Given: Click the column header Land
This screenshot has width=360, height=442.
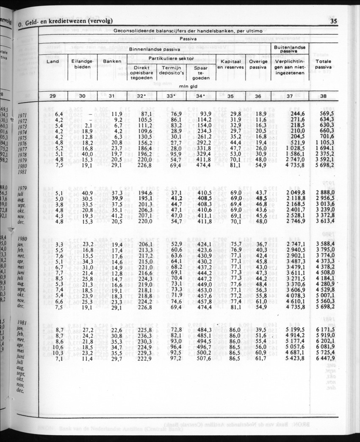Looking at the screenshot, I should [x=53, y=61].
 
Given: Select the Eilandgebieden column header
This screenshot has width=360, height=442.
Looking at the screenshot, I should [x=83, y=64].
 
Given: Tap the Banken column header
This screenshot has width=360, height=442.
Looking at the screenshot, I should [x=112, y=61].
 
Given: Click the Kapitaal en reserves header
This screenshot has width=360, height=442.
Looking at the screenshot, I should [x=230, y=64].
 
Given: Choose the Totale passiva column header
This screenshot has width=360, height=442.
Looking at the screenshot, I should [x=323, y=64].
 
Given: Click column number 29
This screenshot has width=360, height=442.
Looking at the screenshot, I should [x=53, y=96].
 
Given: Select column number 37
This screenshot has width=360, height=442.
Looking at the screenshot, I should [x=289, y=96].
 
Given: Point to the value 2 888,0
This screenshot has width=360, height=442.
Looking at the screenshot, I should [x=325, y=192].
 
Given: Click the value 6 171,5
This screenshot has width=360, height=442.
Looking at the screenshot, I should [x=325, y=330].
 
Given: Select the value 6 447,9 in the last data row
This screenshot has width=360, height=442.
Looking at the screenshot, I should [x=325, y=359].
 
